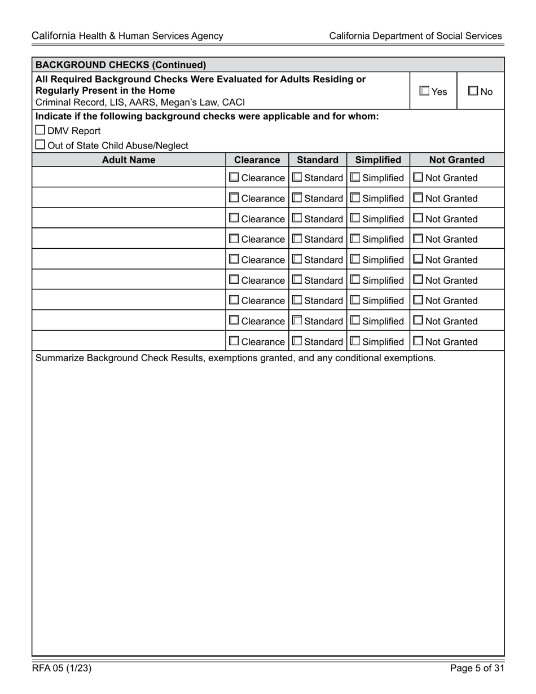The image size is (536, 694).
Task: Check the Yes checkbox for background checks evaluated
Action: pyautogui.click(x=424, y=91)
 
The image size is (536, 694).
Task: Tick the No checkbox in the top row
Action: pyautogui.click(x=473, y=91)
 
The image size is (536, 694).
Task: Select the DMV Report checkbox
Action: pyautogui.click(x=40, y=131)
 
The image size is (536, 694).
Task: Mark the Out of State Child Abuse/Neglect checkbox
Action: pyautogui.click(x=40, y=145)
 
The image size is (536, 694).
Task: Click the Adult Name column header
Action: pyautogui.click(x=129, y=160)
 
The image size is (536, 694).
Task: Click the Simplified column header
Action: pyautogui.click(x=378, y=160)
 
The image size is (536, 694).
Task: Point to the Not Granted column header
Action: pyautogui.click(x=457, y=160)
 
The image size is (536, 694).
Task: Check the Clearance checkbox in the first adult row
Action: pyautogui.click(x=234, y=178)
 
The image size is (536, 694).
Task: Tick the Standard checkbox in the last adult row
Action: pyautogui.click(x=297, y=341)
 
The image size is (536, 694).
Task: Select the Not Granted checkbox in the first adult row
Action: pyautogui.click(x=418, y=178)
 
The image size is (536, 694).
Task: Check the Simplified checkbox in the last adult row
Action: pyautogui.click(x=355, y=341)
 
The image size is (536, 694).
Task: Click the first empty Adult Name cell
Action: pyautogui.click(x=129, y=178)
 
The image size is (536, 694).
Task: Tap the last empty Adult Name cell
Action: pyautogui.click(x=129, y=341)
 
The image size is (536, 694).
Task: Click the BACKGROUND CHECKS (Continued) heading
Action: pyautogui.click(x=121, y=64)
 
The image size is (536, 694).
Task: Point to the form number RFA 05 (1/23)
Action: pyautogui.click(x=61, y=669)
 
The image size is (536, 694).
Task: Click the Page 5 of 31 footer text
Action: pyautogui.click(x=477, y=669)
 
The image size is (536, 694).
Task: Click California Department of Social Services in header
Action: pyautogui.click(x=415, y=36)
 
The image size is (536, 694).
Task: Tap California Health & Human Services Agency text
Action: pyautogui.click(x=128, y=36)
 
